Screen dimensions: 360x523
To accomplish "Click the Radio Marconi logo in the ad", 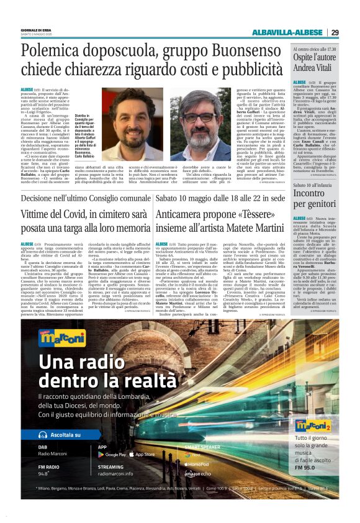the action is point(61,336).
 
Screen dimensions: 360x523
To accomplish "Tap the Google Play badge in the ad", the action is point(112,454).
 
